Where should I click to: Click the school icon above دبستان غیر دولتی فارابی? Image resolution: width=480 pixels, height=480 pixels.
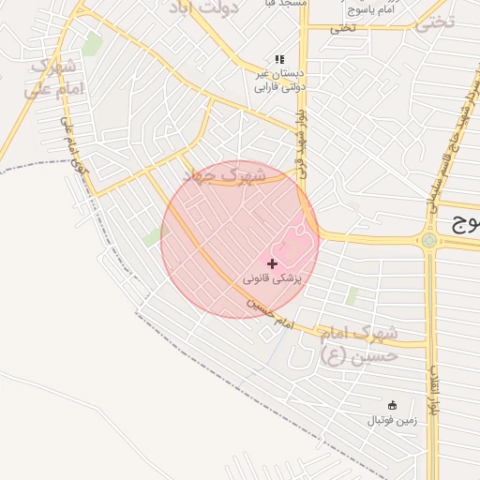point(278,58)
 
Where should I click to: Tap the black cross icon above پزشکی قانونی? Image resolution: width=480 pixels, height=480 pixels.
point(273,264)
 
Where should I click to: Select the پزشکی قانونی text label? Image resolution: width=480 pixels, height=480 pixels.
point(273,278)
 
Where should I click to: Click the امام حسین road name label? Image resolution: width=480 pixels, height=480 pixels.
point(272,316)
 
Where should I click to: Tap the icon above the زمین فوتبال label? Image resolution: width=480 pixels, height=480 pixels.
point(392,405)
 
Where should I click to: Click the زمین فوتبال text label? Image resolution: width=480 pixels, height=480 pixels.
point(392,420)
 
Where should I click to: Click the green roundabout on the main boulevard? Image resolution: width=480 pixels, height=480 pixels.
point(429,240)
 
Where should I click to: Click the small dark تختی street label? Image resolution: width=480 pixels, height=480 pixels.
point(342,28)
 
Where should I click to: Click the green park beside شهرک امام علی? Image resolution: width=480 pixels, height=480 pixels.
point(92,43)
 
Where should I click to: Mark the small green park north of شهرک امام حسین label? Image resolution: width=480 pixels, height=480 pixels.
point(352,296)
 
